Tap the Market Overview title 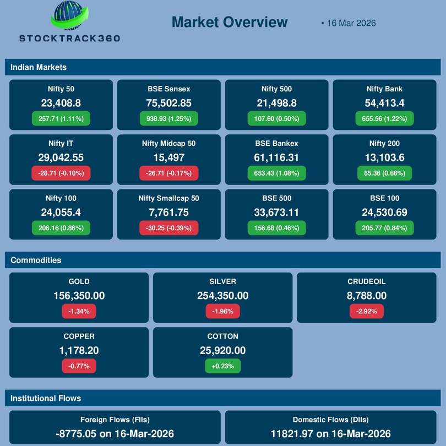pyautogui.click(x=229, y=22)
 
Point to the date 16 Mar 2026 pyautogui.click(x=351, y=23)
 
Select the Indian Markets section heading pyautogui.click(x=39, y=67)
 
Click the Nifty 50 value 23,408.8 pyautogui.click(x=61, y=103)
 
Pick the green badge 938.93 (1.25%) pyautogui.click(x=169, y=118)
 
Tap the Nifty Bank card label pyautogui.click(x=384, y=89)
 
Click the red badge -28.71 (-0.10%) pyautogui.click(x=61, y=173)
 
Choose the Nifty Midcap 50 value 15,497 pyautogui.click(x=169, y=157)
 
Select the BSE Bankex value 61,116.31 pyautogui.click(x=277, y=157)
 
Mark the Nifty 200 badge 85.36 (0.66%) pyautogui.click(x=384, y=173)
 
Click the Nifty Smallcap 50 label pyautogui.click(x=169, y=198)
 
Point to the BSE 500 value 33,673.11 pyautogui.click(x=277, y=212)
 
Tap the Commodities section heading pyautogui.click(x=36, y=260)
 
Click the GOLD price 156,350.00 pyautogui.click(x=79, y=296)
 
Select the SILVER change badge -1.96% pyautogui.click(x=222, y=311)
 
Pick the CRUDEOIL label pyautogui.click(x=367, y=281)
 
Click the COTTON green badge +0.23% pyautogui.click(x=222, y=366)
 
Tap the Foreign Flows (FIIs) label pyautogui.click(x=115, y=419)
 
